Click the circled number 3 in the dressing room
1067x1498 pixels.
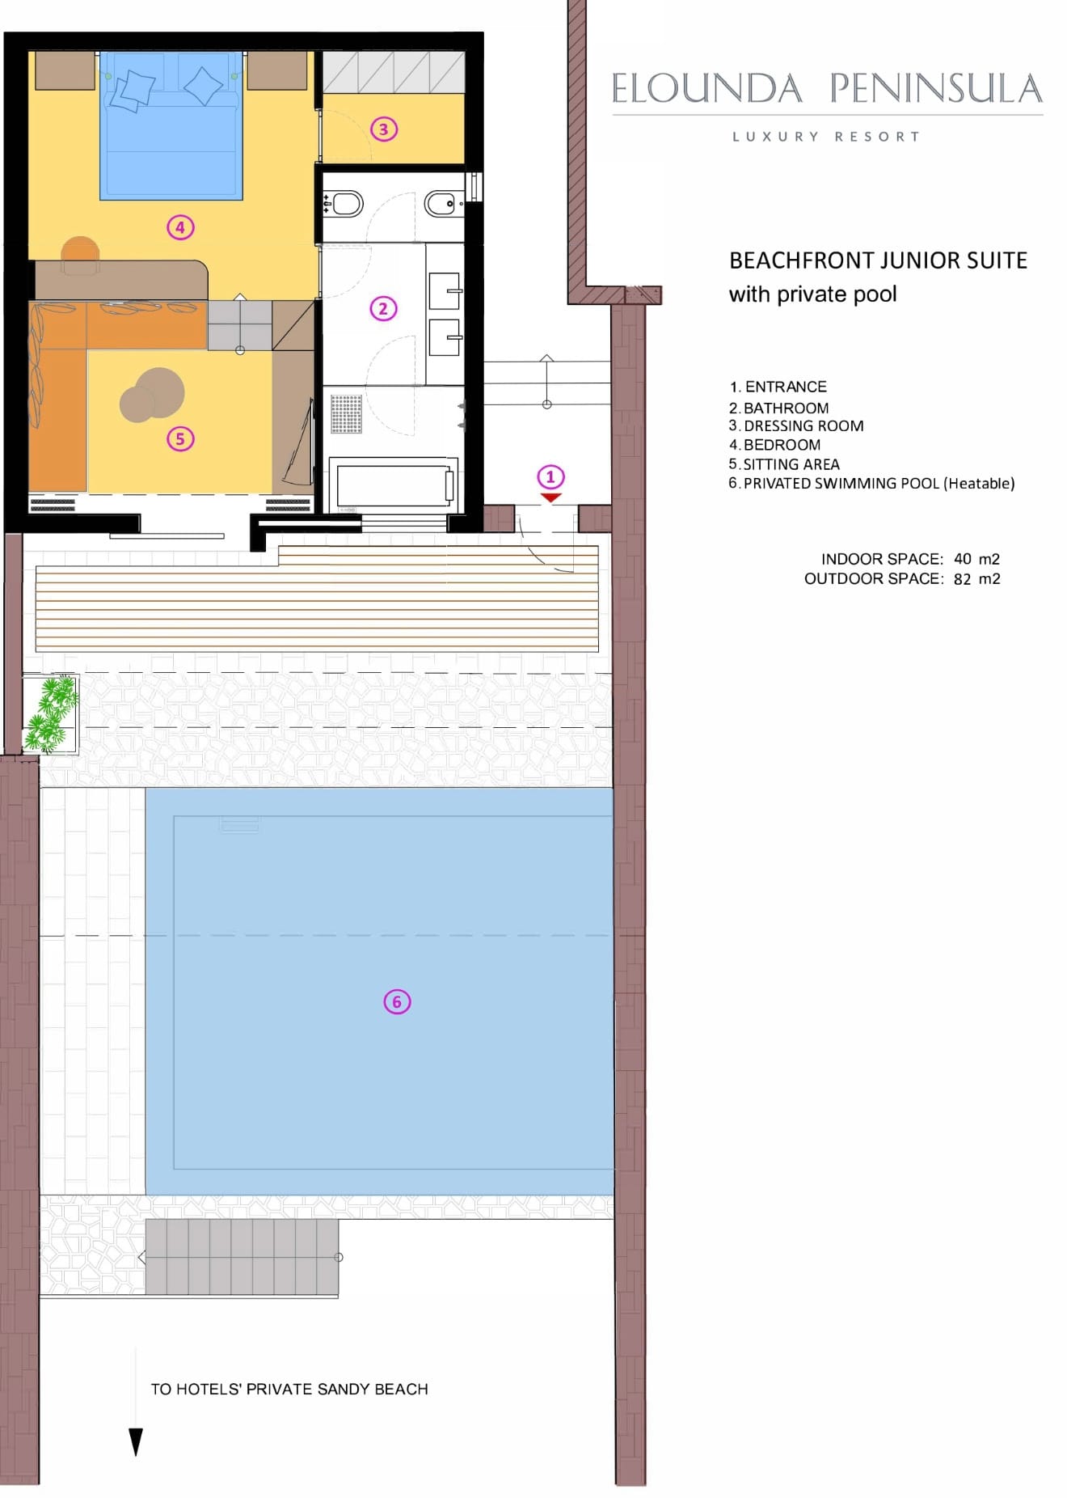[x=384, y=129]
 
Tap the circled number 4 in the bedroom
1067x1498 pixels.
[x=180, y=227]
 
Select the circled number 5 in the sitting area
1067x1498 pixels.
[x=180, y=439]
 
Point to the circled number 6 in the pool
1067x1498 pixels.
[x=397, y=1002]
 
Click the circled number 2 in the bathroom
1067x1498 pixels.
[x=383, y=308]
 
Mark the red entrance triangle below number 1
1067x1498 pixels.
[x=550, y=498]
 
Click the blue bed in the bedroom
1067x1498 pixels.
[x=171, y=125]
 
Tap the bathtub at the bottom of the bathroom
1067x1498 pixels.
[x=394, y=484]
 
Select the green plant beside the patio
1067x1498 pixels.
[x=51, y=715]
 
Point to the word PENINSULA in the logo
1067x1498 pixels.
[x=936, y=88]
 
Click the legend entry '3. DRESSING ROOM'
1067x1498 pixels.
[x=796, y=426]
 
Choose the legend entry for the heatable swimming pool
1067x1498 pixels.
[x=871, y=484]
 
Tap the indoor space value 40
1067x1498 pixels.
[x=963, y=559]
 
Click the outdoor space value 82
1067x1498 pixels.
[x=963, y=579]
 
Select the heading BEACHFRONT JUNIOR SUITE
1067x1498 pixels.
[x=878, y=260]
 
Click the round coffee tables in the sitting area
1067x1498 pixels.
[x=152, y=395]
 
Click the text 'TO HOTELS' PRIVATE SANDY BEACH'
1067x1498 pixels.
[x=289, y=1390]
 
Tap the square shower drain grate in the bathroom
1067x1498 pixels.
[x=346, y=413]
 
